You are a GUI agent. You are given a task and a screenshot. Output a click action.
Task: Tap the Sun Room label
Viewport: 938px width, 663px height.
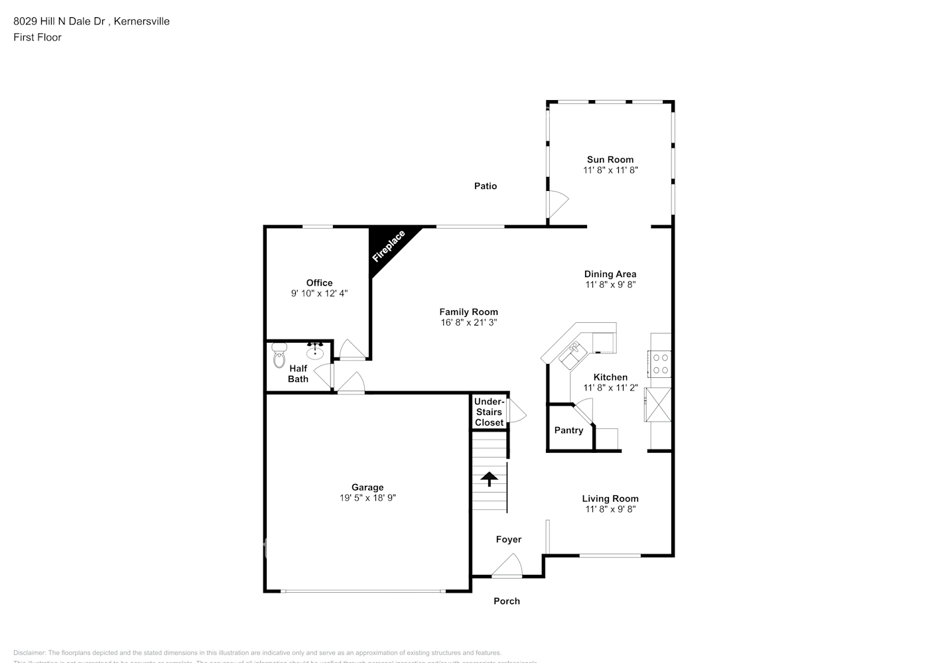pyautogui.click(x=610, y=159)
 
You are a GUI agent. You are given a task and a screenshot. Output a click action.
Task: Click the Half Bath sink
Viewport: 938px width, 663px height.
pyautogui.click(x=315, y=353)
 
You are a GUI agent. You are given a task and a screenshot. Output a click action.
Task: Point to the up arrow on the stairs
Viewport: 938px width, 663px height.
pyautogui.click(x=490, y=478)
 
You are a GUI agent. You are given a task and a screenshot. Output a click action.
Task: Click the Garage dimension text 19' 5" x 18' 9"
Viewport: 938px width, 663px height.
pyautogui.click(x=368, y=498)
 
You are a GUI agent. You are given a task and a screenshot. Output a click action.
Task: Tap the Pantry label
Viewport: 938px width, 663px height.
pyautogui.click(x=569, y=430)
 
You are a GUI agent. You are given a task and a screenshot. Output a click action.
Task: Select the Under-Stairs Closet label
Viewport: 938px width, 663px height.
pyautogui.click(x=489, y=412)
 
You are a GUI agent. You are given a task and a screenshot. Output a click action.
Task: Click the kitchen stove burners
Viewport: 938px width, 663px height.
pyautogui.click(x=661, y=363)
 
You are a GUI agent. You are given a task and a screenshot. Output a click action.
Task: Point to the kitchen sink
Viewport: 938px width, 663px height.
pyautogui.click(x=572, y=355)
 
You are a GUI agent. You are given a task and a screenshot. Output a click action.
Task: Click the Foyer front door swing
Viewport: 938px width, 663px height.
pyautogui.click(x=507, y=567)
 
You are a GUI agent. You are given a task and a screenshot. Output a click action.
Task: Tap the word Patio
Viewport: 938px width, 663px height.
pyautogui.click(x=485, y=186)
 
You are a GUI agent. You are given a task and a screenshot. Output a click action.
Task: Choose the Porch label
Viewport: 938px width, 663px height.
pyautogui.click(x=507, y=601)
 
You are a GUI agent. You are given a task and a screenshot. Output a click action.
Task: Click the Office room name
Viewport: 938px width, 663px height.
pyautogui.click(x=319, y=283)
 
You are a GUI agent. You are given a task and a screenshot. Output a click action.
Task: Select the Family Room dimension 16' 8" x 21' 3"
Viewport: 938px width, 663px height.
pyautogui.click(x=468, y=323)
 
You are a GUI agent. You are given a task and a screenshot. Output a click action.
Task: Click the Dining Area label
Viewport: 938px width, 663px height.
pyautogui.click(x=610, y=274)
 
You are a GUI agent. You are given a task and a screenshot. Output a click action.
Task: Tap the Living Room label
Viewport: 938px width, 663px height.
pyautogui.click(x=610, y=499)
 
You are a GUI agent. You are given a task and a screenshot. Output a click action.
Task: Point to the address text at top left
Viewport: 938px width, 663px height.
pyautogui.click(x=92, y=21)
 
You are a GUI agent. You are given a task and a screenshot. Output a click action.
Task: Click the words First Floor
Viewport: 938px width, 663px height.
pyautogui.click(x=37, y=37)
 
